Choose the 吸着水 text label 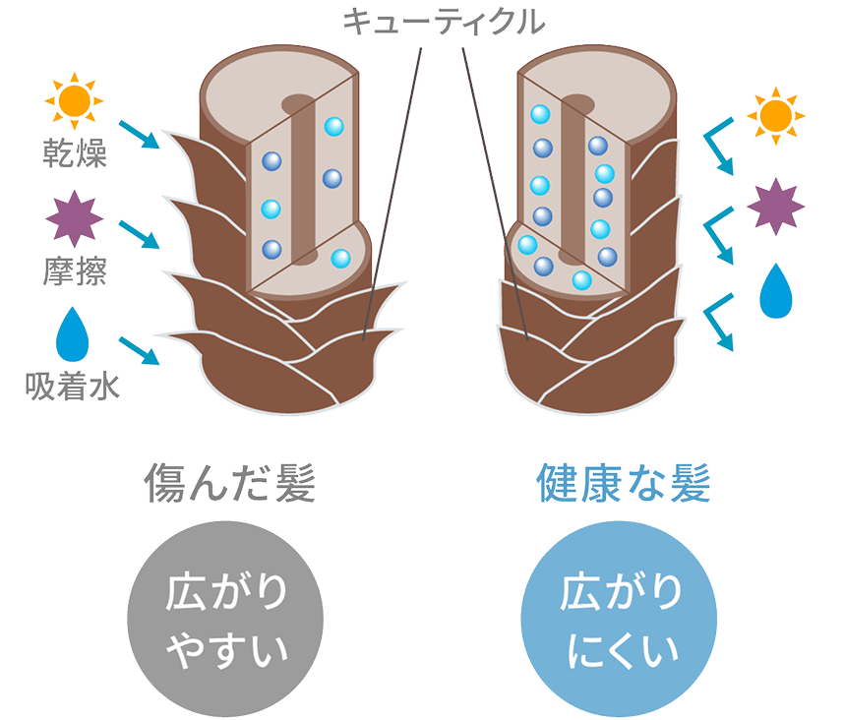pos(73,387)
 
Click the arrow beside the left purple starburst pos(138,234)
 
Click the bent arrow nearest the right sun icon pos(717,152)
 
